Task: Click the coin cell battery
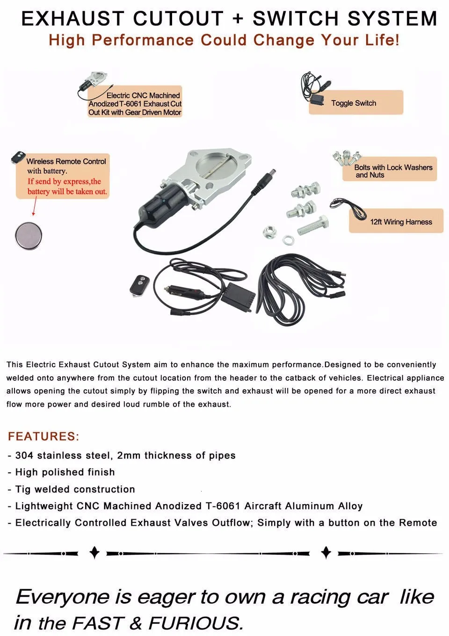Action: pyautogui.click(x=29, y=235)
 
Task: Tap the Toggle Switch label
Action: pyautogui.click(x=354, y=103)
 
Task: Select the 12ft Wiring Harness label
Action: pyautogui.click(x=401, y=222)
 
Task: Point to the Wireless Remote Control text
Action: pyautogui.click(x=66, y=161)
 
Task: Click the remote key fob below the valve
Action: pyautogui.click(x=139, y=285)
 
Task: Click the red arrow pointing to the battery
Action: pyautogui.click(x=35, y=206)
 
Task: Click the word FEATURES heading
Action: pyautogui.click(x=43, y=436)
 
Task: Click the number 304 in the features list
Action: pyautogui.click(x=24, y=455)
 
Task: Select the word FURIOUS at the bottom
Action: pyautogui.click(x=196, y=623)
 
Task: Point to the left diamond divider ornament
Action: pyautogui.click(x=94, y=553)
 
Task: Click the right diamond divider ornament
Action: pyautogui.click(x=326, y=553)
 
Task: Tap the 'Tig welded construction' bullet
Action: pyautogui.click(x=75, y=489)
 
